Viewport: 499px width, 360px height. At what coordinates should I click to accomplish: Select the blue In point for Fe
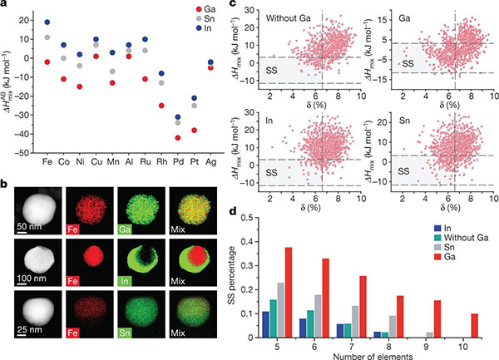(x=47, y=22)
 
